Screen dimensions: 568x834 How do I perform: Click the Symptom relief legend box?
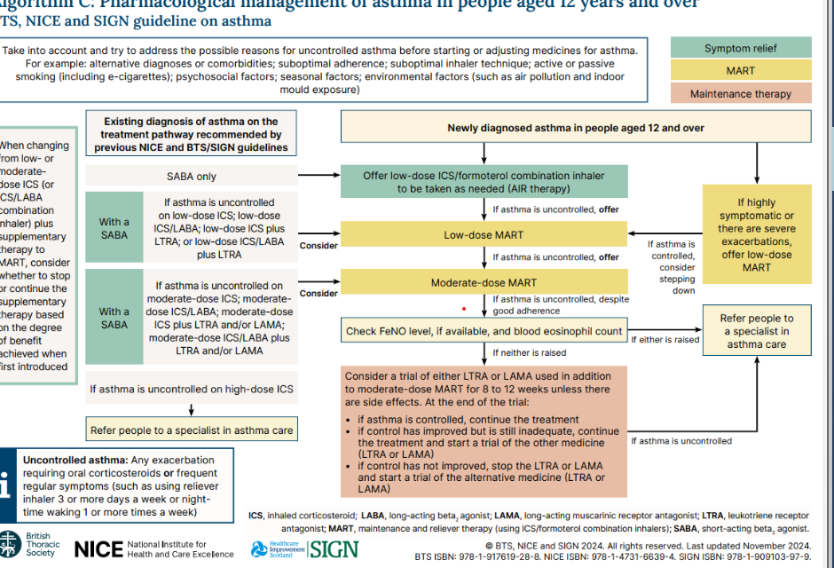click(x=739, y=48)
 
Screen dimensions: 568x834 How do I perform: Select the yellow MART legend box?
click(x=739, y=71)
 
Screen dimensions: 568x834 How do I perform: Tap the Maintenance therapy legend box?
click(x=739, y=93)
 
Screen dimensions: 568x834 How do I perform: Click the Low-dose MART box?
click(x=484, y=235)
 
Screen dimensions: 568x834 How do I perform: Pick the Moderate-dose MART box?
click(x=484, y=282)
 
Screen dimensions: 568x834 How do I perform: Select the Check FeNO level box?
click(x=484, y=332)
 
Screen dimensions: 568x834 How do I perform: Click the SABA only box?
click(x=192, y=177)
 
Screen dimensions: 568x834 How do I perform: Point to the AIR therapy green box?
click(x=484, y=182)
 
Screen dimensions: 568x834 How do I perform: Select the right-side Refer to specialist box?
click(x=756, y=331)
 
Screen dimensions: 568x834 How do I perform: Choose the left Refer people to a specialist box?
click(x=192, y=431)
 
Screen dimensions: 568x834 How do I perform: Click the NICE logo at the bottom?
click(x=98, y=548)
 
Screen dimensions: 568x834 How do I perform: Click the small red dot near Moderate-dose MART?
click(x=463, y=309)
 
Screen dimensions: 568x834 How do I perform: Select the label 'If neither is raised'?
click(x=529, y=353)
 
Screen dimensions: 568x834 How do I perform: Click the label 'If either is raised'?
click(x=665, y=339)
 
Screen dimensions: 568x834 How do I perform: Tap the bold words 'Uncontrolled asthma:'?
click(x=75, y=460)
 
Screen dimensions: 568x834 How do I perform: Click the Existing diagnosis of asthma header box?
click(x=191, y=134)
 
